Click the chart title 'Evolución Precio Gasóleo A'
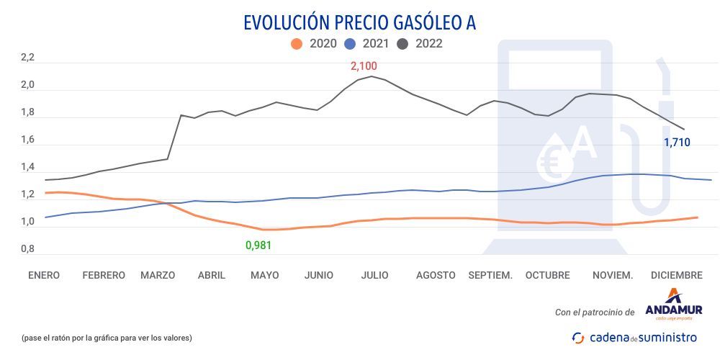coord(360,22)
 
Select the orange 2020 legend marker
coord(296,44)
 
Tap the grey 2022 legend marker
coord(402,44)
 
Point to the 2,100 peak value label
coord(364,66)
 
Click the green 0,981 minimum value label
coord(258,246)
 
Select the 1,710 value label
coord(677,143)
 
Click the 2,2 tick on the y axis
coord(27,58)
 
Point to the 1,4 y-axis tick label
coord(27,168)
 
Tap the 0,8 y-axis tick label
coord(27,249)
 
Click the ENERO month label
coord(44,275)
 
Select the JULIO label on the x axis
coord(375,275)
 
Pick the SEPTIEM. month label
coord(490,275)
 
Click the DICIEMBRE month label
coord(676,275)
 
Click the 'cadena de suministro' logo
coord(634,337)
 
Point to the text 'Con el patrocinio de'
coord(595,312)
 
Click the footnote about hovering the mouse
coord(107,338)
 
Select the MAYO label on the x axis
coord(264,275)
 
